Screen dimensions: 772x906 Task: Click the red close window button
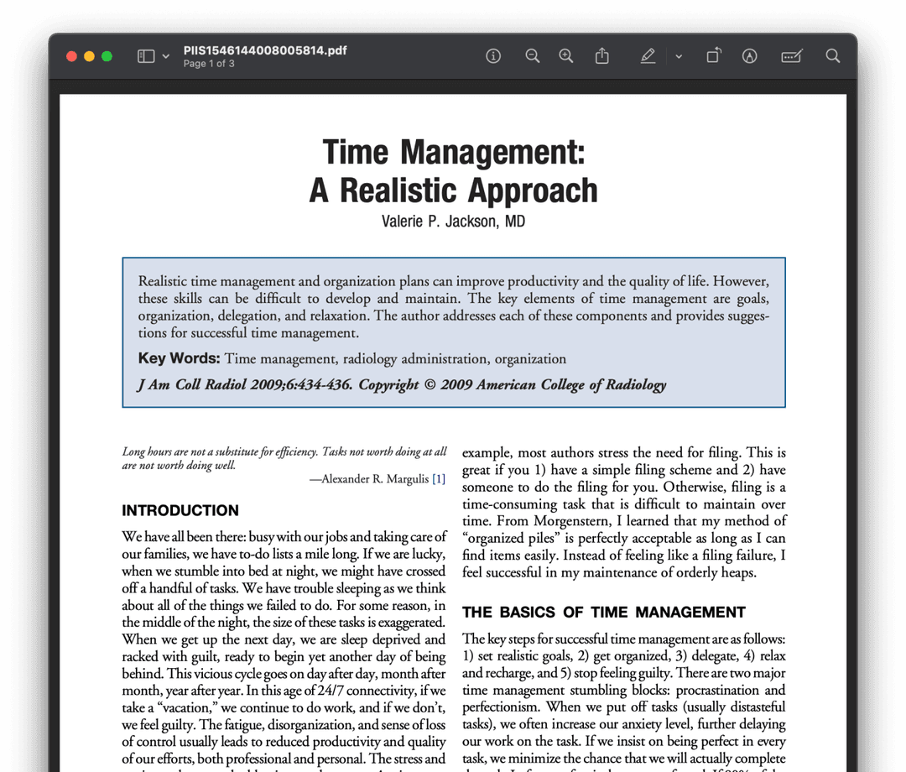[71, 56]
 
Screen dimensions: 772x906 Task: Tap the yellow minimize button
[89, 56]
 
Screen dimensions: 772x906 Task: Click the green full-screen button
[107, 56]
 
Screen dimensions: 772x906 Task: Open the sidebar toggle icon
[146, 56]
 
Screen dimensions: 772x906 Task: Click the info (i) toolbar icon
[493, 56]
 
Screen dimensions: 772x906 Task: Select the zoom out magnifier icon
[532, 56]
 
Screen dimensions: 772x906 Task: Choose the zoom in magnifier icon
[566, 56]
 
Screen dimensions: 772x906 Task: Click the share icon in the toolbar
[601, 56]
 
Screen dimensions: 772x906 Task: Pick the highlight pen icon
[647, 56]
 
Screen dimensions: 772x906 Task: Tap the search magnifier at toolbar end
[832, 56]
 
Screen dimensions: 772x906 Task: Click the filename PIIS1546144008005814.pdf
[265, 50]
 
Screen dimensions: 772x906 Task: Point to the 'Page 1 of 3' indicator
[209, 64]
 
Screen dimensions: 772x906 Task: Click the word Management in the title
[492, 153]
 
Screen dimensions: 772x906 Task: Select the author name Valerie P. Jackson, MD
[453, 222]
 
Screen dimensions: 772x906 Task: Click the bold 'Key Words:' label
[179, 358]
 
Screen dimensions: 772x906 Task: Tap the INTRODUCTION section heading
[180, 510]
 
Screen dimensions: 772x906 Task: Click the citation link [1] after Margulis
[439, 479]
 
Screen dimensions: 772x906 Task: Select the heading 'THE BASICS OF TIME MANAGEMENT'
[604, 613]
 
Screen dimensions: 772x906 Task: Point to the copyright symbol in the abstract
[430, 384]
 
